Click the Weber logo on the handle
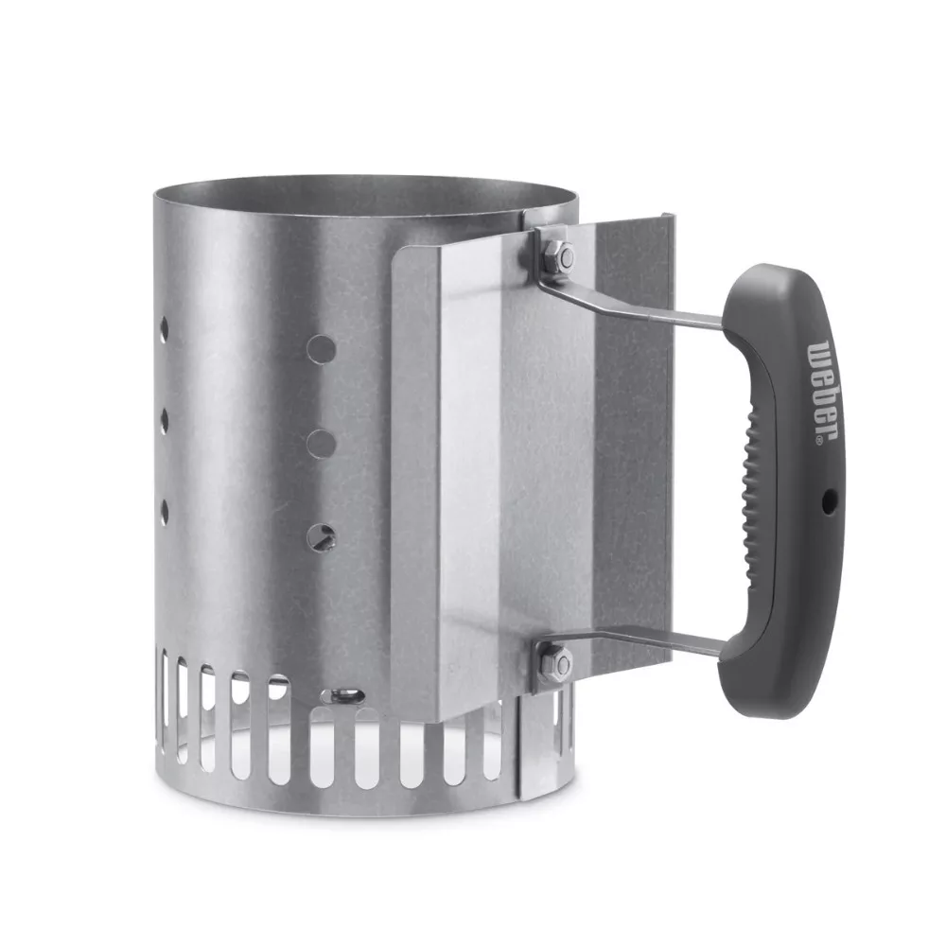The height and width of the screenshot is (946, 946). [822, 389]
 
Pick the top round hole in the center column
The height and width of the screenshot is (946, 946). [321, 348]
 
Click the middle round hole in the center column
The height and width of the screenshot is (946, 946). [321, 442]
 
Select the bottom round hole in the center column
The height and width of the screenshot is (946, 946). [321, 536]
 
